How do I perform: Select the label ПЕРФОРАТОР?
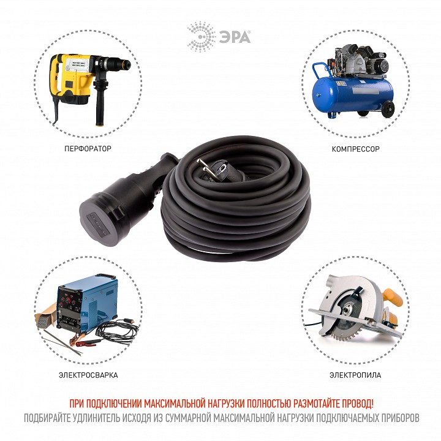click(88, 149)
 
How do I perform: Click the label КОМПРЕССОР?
click(355, 149)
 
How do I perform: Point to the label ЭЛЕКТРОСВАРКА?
click(89, 375)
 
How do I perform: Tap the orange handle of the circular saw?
click(393, 300)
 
